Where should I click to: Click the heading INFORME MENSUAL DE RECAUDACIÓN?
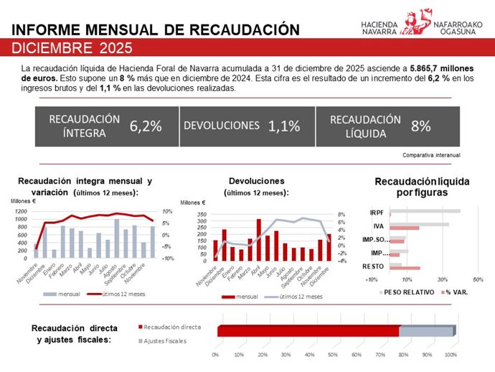[x=156, y=29]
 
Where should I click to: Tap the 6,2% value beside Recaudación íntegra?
[x=146, y=126]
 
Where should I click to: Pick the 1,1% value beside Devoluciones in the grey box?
[x=283, y=126]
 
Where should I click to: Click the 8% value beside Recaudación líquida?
[x=420, y=126]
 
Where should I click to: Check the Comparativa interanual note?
[x=431, y=154]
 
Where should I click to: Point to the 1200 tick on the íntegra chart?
[x=19, y=211]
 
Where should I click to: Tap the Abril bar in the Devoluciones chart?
[x=259, y=239]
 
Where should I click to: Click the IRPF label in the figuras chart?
[x=377, y=213]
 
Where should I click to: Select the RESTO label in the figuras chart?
[x=372, y=266]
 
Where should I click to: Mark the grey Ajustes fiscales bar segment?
[x=426, y=331]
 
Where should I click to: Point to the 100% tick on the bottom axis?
[x=451, y=354]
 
